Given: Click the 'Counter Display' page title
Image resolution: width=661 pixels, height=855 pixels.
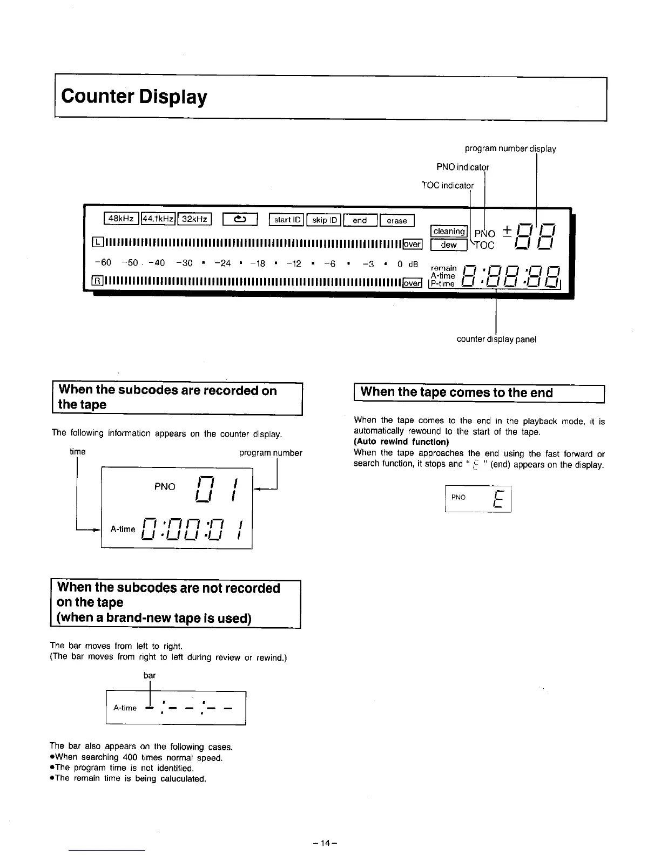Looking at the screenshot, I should click(134, 97).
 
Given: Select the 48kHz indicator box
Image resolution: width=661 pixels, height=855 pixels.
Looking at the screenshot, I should click(122, 219).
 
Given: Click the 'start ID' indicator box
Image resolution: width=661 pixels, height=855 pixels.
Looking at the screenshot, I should click(287, 220).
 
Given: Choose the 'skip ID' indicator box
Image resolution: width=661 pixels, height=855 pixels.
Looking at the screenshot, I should click(325, 220).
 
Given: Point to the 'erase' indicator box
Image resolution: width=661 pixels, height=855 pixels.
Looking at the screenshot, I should click(397, 220).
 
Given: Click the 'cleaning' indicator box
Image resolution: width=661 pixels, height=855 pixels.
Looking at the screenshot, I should click(449, 232).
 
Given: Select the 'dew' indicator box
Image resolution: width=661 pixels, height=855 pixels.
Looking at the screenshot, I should click(449, 245).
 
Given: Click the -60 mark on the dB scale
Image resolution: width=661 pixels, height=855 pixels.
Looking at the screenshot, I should click(102, 263).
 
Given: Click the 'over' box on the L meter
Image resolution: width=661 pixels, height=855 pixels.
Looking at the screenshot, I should click(413, 244).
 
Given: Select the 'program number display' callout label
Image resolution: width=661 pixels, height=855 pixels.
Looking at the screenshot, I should click(510, 148).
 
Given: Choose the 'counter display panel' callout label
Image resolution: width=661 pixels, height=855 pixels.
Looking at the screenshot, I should click(496, 339).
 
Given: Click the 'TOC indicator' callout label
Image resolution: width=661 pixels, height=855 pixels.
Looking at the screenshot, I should click(447, 186).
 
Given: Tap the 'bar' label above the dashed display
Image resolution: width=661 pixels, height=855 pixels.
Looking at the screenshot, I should click(150, 675).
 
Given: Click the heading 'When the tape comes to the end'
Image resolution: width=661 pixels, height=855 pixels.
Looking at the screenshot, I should click(456, 392).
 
